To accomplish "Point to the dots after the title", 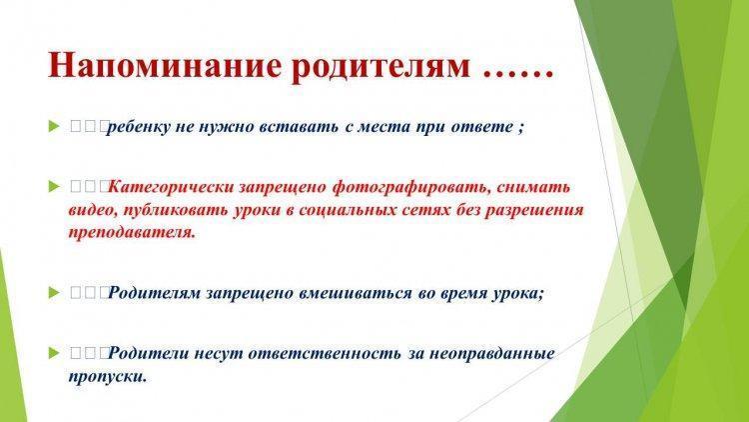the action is coord(517,75).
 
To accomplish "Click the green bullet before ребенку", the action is coord(54,127).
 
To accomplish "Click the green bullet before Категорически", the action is coord(54,187).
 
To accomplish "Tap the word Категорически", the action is coord(170,187).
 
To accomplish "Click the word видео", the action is coord(93,210).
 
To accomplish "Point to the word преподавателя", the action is coord(132,233).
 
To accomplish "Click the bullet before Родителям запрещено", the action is coord(54,293).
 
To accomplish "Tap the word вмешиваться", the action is coord(355,293).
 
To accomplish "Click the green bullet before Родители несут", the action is coord(54,354).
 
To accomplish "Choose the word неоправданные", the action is coord(492,354).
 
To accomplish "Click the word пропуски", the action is coord(108,377).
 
